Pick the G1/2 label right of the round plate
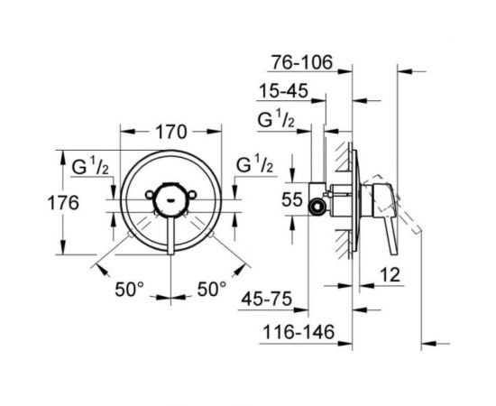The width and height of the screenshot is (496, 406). (254, 167)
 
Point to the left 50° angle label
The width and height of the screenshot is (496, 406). (128, 290)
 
